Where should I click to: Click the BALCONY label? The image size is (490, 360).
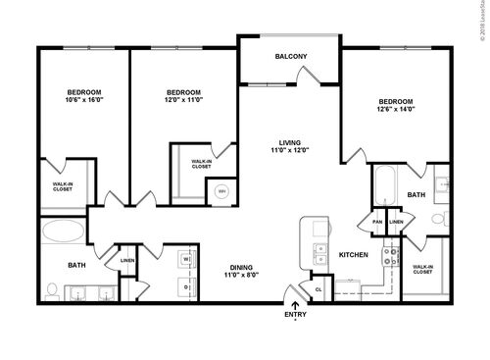pos(290,56)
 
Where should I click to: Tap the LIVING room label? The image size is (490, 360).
pos(290,142)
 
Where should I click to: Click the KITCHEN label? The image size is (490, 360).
pos(353,254)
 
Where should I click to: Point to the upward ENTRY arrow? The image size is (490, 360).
pos(295,306)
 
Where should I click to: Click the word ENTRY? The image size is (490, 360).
pos(295,316)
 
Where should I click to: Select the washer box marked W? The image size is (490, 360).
pos(184,260)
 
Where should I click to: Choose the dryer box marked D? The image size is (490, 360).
pos(184,283)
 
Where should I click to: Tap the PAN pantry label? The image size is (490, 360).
pos(377,222)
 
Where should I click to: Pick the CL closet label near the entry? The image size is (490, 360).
pos(318,289)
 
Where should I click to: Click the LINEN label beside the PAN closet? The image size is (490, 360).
pos(396,222)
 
